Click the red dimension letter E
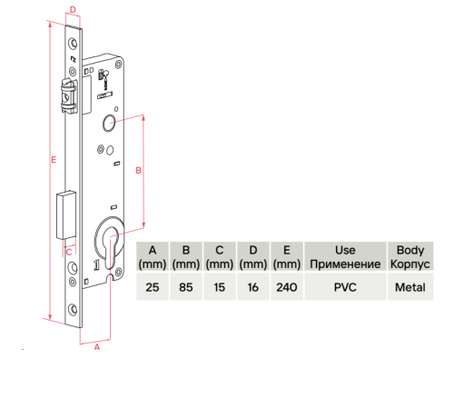pos(54,160)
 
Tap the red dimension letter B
pos(138,171)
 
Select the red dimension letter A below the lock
pos(97,347)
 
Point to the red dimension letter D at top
pos(73,10)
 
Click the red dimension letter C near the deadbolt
pos(69,252)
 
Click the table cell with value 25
pos(153,286)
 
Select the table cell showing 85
pos(186,286)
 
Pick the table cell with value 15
pos(220,286)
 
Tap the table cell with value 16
pos(253,286)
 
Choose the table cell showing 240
pos(287,286)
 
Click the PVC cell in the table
pos(345,286)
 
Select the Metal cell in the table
pos(410,286)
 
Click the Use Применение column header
pos(345,256)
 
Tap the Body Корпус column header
pos(410,256)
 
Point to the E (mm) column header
pos(287,256)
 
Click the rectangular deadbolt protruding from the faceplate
pos(66,215)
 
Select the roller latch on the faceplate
pos(69,96)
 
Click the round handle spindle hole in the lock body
pos(109,124)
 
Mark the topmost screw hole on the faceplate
pos(73,44)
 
